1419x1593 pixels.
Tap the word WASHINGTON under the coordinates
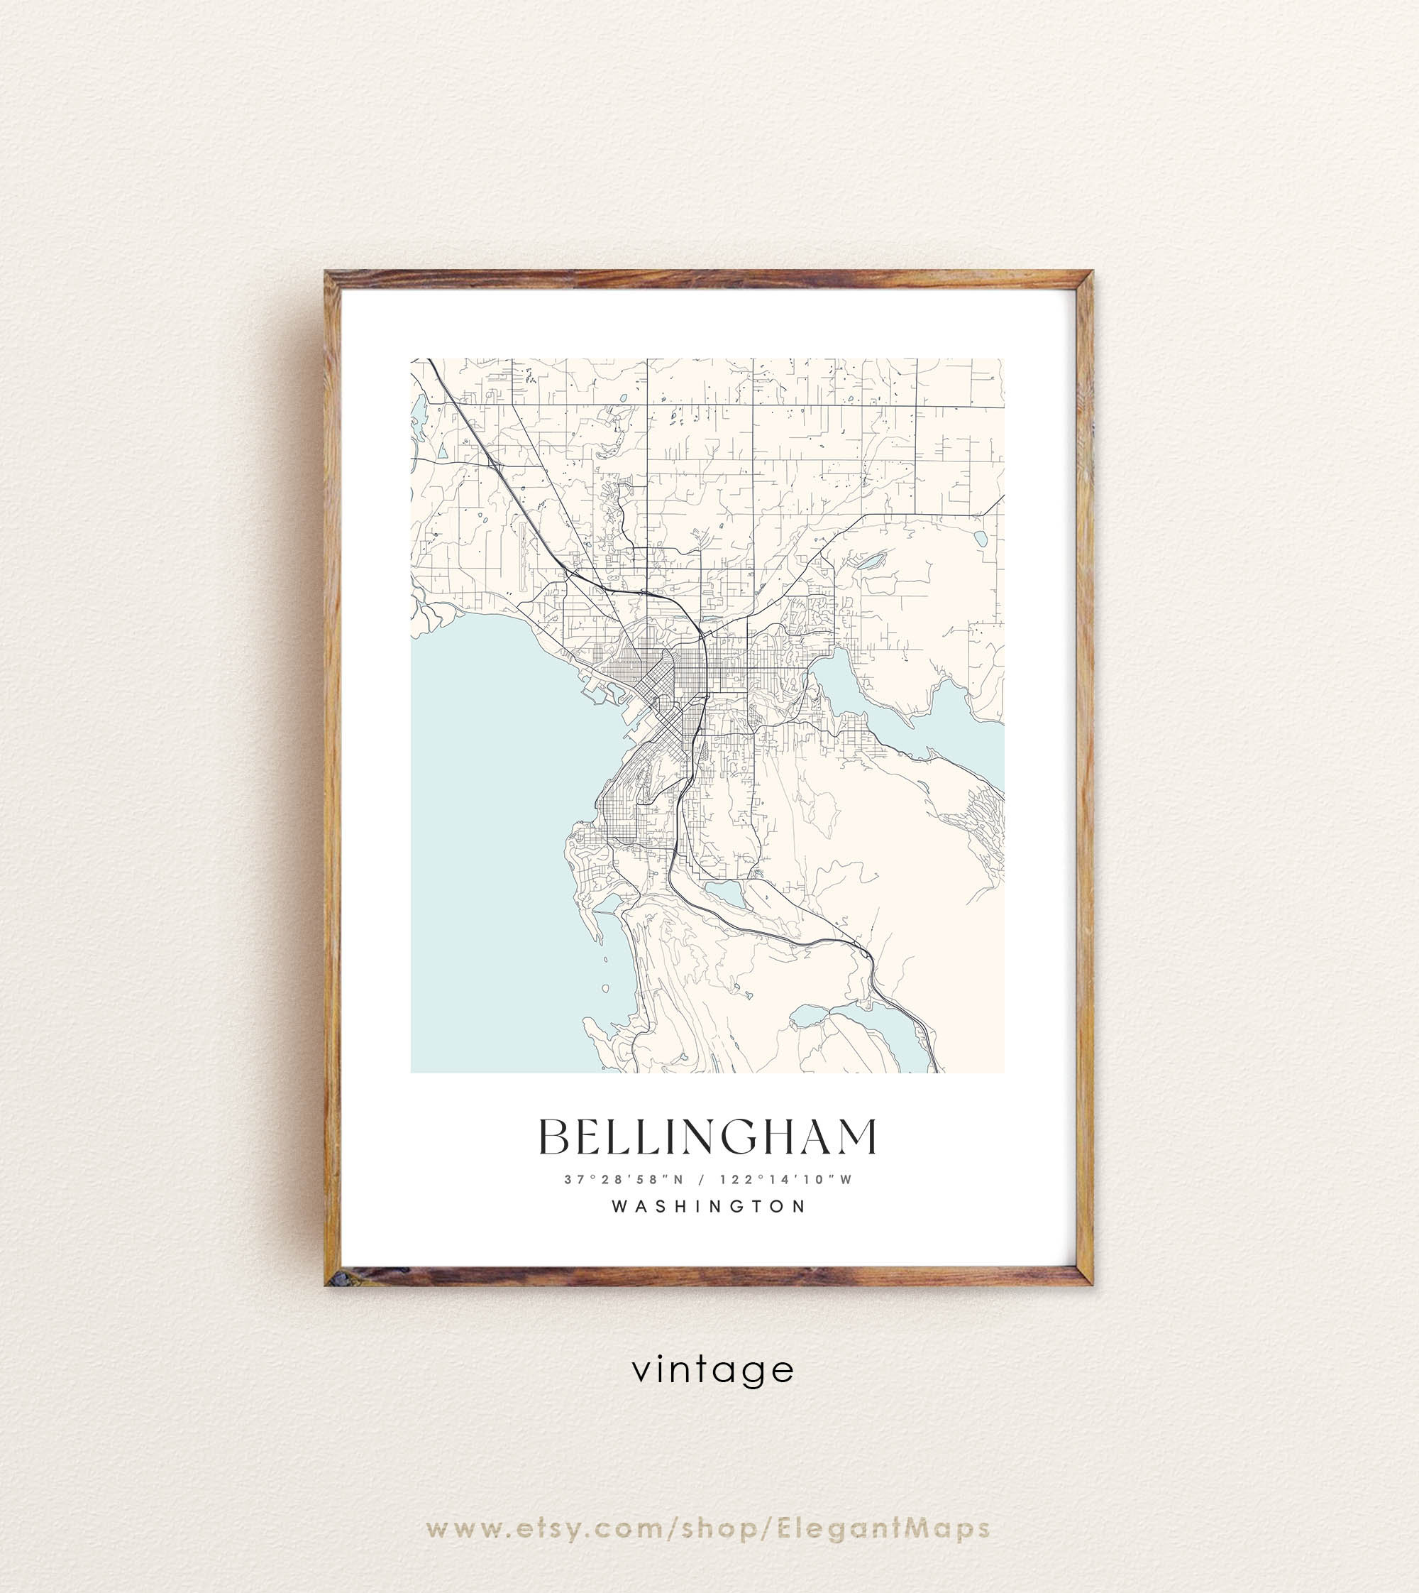[x=709, y=1206]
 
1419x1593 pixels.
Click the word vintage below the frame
[x=712, y=1370]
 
